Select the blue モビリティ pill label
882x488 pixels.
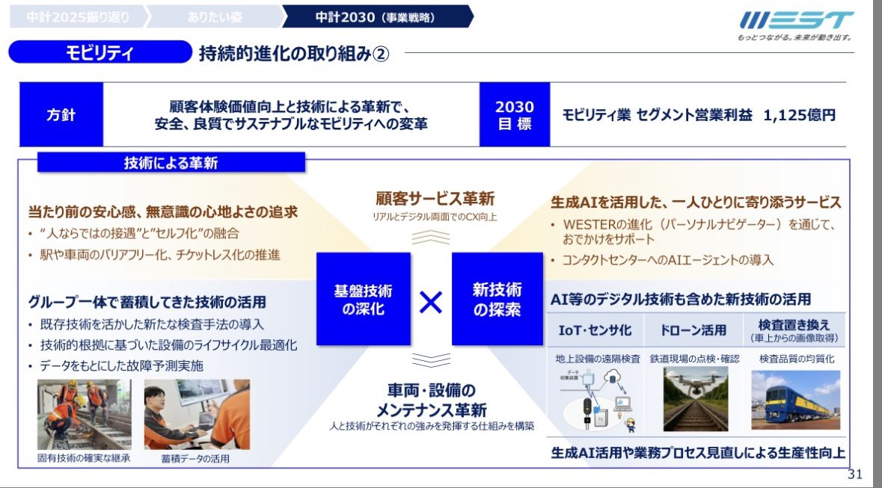click(x=99, y=53)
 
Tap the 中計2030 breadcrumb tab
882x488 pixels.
click(x=374, y=16)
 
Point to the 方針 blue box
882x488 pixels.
click(x=61, y=115)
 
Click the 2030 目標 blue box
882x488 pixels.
click(x=515, y=115)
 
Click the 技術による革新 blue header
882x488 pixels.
click(x=171, y=163)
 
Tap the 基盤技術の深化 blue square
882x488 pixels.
click(x=364, y=299)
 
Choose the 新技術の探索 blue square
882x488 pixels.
click(x=497, y=299)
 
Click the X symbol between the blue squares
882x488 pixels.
click(x=431, y=300)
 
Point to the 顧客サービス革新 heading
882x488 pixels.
click(x=435, y=200)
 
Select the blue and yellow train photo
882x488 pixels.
click(x=795, y=399)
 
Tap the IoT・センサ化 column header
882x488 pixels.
click(x=595, y=330)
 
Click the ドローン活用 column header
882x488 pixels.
click(x=693, y=330)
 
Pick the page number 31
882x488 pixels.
click(x=856, y=475)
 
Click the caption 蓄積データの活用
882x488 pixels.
click(x=195, y=459)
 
